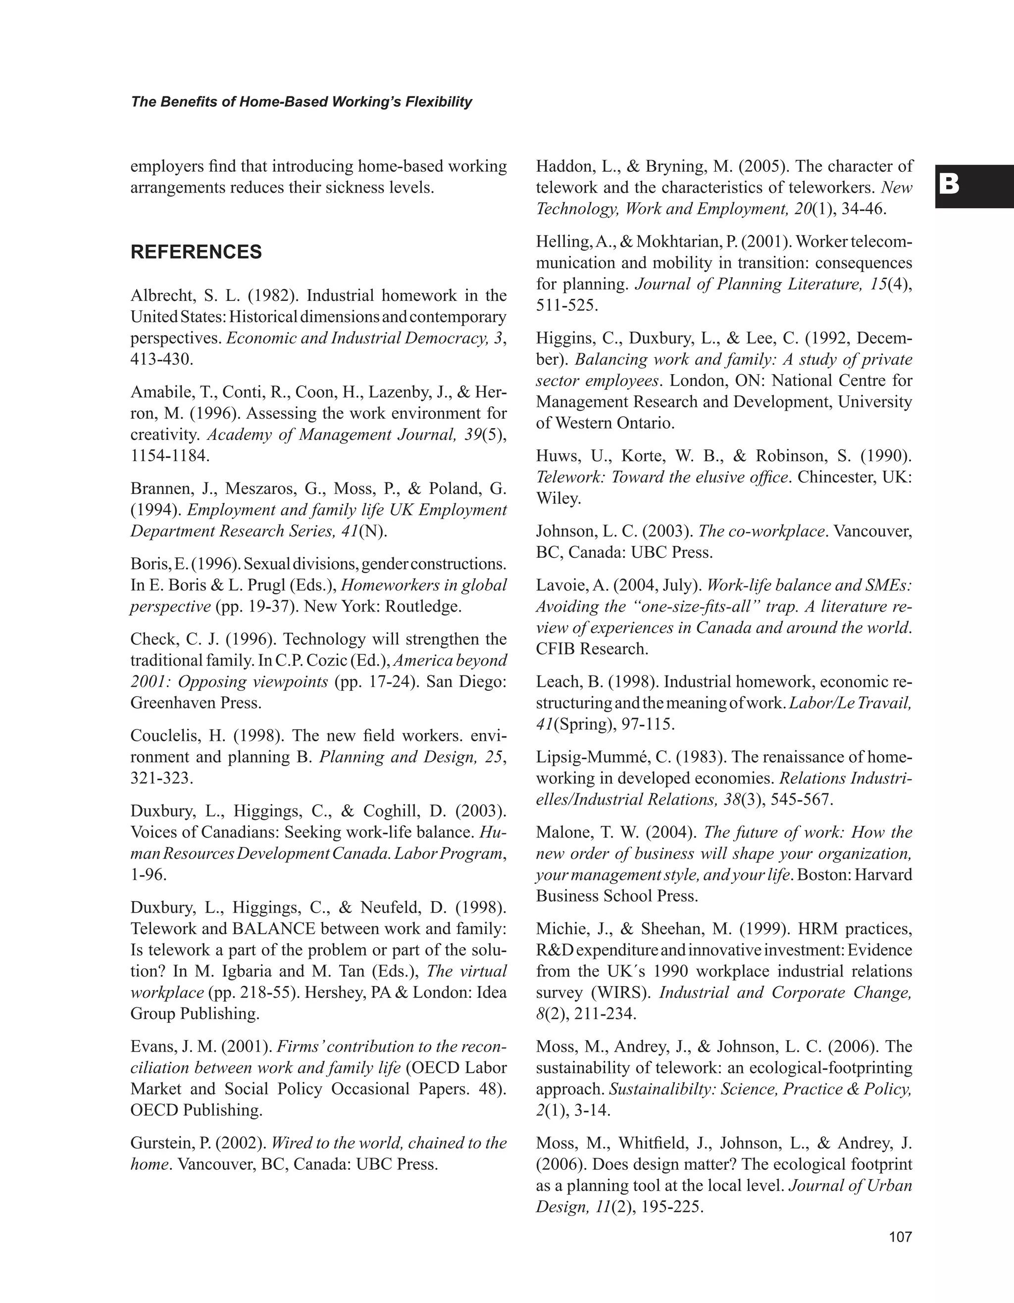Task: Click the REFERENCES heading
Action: click(196, 252)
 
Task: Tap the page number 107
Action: click(900, 1237)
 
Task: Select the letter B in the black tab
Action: click(949, 185)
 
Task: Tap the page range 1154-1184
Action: click(170, 456)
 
